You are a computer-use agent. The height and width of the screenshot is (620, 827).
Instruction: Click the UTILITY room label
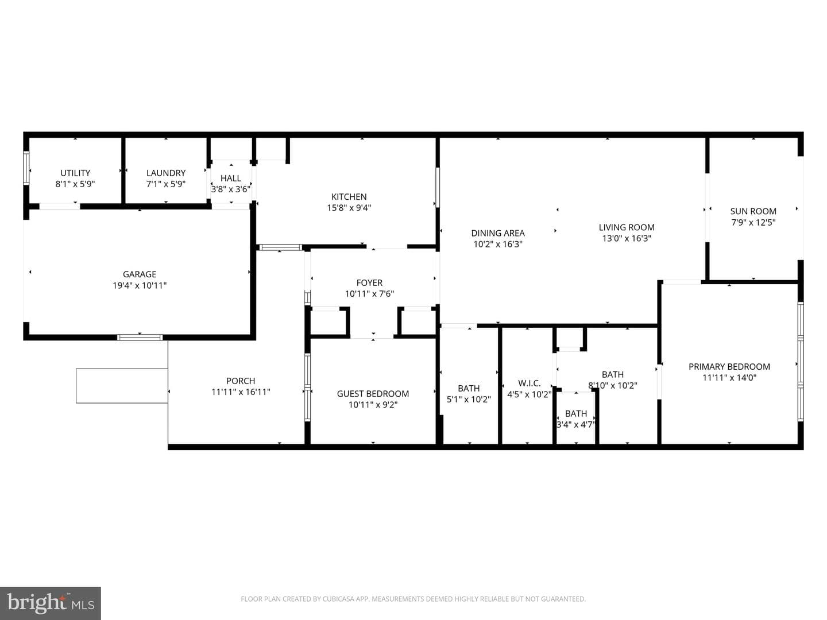[75, 173]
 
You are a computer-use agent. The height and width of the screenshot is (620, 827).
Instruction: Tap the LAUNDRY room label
[166, 173]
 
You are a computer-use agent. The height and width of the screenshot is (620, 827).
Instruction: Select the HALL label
[230, 178]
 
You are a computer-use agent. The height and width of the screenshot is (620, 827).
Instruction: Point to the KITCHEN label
[349, 196]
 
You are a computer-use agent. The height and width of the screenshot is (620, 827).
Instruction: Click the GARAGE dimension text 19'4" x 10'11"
[140, 285]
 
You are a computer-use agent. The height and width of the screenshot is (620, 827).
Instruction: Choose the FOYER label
[369, 282]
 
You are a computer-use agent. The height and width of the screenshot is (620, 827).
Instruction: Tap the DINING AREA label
[498, 233]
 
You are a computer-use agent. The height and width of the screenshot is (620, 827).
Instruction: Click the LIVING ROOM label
[627, 227]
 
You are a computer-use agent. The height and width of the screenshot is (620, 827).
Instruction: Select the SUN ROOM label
[753, 211]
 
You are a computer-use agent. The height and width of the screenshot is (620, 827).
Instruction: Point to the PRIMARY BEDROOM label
[729, 367]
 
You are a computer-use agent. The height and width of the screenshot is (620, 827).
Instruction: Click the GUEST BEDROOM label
[373, 394]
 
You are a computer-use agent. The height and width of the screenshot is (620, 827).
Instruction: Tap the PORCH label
[241, 381]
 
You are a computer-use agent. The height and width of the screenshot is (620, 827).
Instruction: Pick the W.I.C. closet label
[529, 383]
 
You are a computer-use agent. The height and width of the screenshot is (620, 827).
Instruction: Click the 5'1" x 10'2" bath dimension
[469, 400]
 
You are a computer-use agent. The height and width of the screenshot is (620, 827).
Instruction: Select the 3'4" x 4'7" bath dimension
[576, 425]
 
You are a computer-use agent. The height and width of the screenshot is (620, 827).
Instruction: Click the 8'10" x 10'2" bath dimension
[613, 385]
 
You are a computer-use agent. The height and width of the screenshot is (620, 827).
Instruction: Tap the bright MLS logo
[51, 603]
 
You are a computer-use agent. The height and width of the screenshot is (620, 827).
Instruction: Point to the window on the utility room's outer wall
[26, 168]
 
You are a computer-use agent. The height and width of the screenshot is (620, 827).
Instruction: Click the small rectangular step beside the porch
[122, 386]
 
